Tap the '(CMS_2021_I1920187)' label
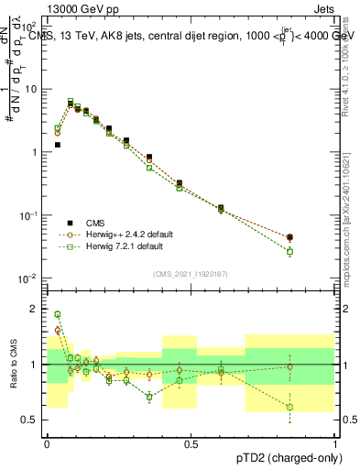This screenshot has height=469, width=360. (189, 273)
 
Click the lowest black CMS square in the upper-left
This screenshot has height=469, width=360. (57, 145)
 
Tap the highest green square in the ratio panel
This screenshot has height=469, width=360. (57, 314)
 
